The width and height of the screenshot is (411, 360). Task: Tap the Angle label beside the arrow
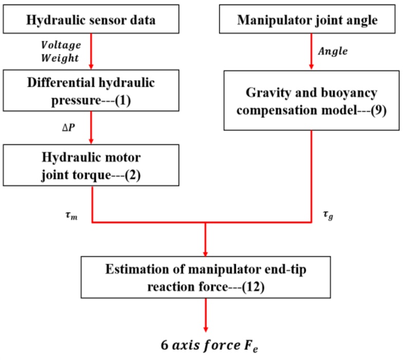click(332, 51)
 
